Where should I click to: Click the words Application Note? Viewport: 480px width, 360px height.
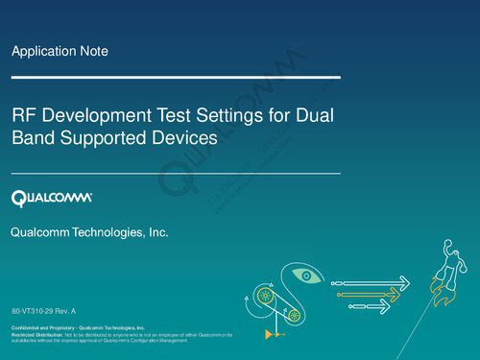point(59,51)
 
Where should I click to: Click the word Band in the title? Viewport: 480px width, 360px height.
point(32,138)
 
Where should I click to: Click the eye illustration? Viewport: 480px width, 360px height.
point(307,276)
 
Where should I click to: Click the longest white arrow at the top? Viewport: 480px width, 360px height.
point(374,282)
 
